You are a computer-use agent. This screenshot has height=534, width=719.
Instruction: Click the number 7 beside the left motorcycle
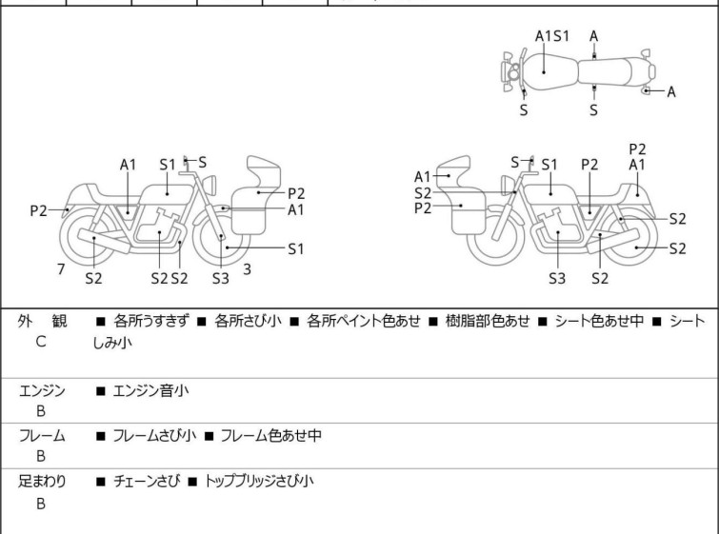tap(61, 269)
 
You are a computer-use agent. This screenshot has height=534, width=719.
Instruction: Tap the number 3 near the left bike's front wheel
tap(247, 269)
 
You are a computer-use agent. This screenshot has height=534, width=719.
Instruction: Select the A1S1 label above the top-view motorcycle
tap(552, 36)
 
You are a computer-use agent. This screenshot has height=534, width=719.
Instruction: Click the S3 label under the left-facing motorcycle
tap(220, 279)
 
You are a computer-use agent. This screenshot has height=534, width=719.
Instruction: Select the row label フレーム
tap(42, 436)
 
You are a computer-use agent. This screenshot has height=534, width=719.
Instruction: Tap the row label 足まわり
tap(42, 482)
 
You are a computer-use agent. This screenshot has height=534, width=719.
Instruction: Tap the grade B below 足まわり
tap(41, 503)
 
